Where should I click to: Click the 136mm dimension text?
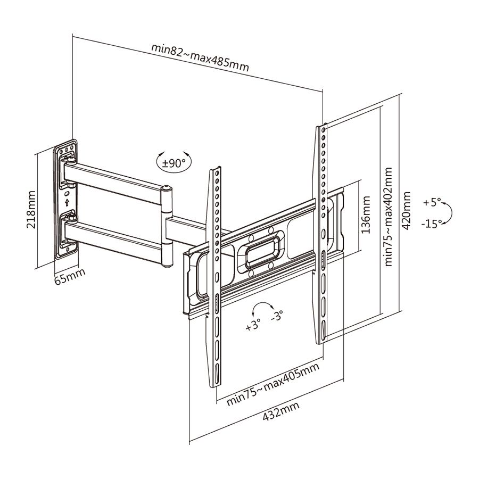coord(366,215)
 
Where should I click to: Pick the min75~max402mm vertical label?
coord(389,216)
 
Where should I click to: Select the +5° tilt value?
coord(432,203)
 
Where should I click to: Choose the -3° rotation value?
coord(277,316)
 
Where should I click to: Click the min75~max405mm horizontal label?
coord(273,384)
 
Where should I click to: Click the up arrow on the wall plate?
coord(67,202)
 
